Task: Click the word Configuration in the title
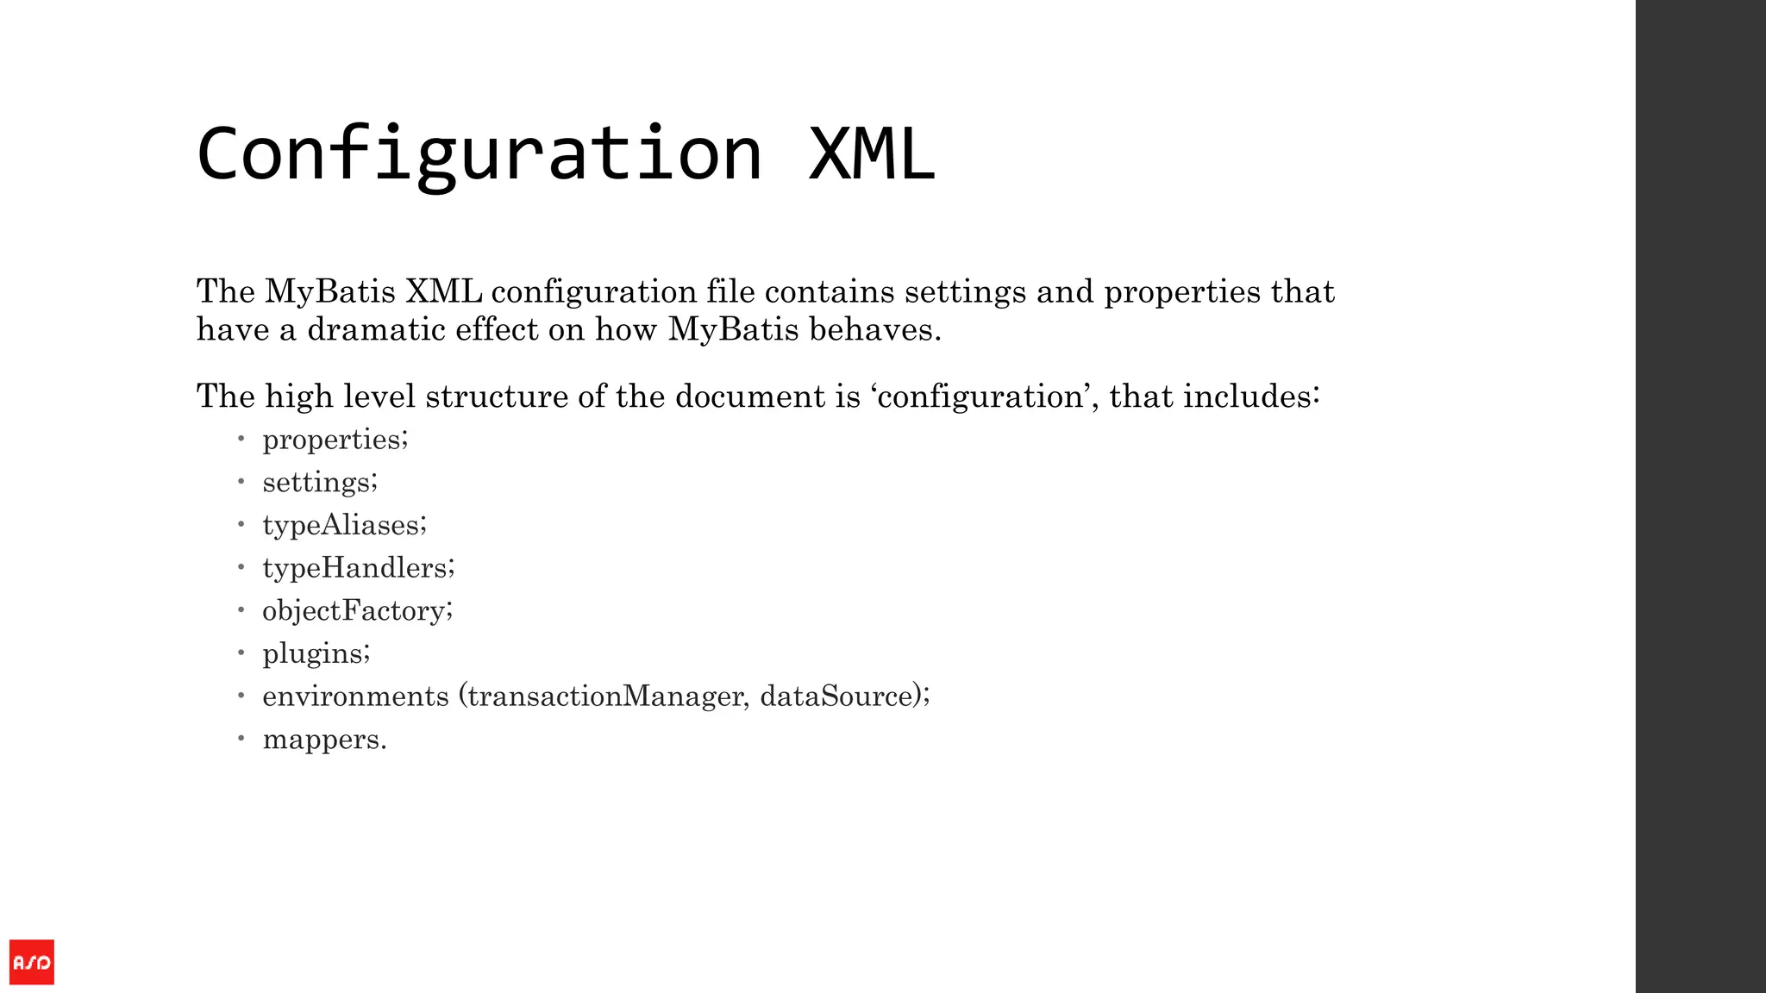tap(479, 153)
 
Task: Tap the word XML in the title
tap(871, 153)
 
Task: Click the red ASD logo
tap(32, 962)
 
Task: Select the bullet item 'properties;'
tap(335, 440)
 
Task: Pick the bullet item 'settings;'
tap(320, 482)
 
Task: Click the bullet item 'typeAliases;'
tap(344, 525)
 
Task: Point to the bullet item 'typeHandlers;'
tap(358, 567)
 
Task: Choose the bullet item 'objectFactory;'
tap(357, 610)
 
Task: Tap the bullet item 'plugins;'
tap(316, 653)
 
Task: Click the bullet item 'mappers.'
tap(324, 740)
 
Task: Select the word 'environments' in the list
tap(355, 696)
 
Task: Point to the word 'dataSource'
tap(836, 696)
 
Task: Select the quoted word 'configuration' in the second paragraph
tap(980, 397)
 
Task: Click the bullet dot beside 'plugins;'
tap(241, 653)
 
